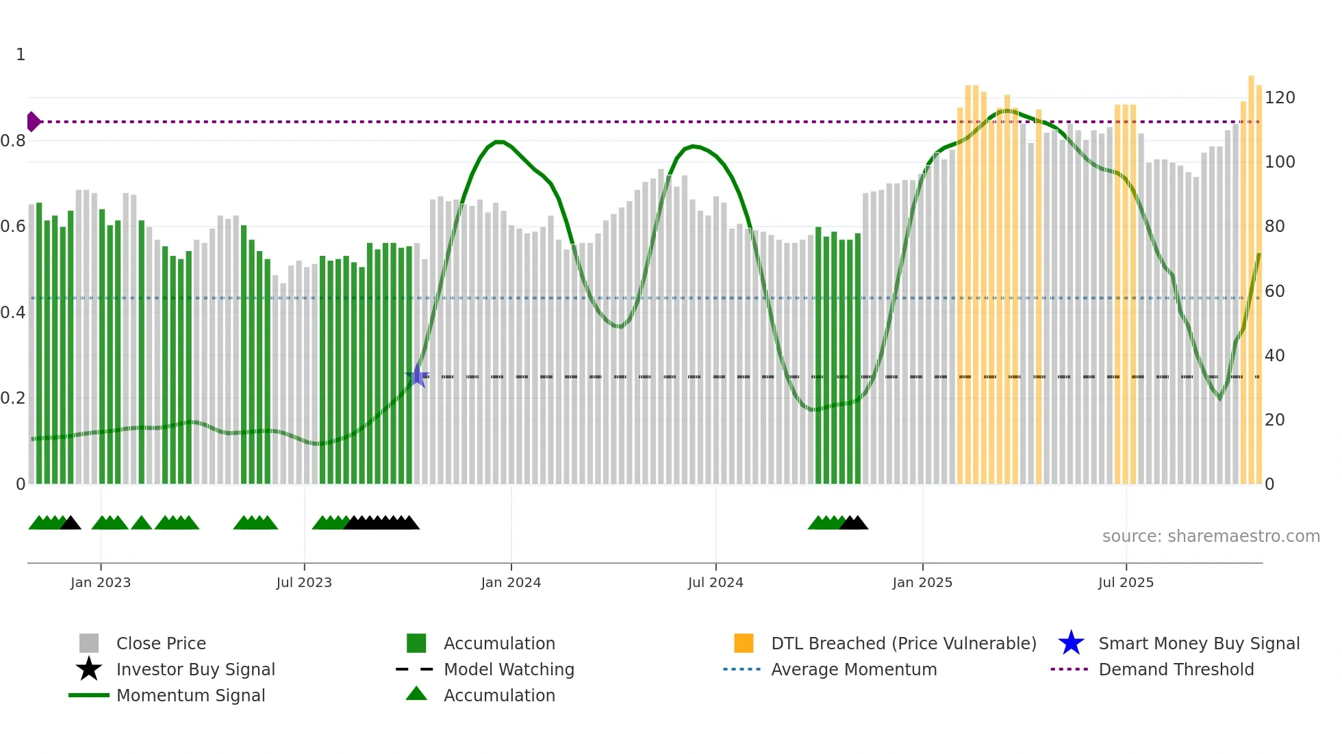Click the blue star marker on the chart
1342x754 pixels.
pos(417,376)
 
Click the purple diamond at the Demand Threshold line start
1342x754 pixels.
pos(33,122)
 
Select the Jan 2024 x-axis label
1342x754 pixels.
pos(511,582)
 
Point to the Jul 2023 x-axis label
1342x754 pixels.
pos(304,582)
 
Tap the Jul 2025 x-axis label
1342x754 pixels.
pos(1126,582)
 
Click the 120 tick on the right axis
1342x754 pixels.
pos(1279,98)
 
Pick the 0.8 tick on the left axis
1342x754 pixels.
pos(14,141)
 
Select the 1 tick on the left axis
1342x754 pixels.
pos(21,55)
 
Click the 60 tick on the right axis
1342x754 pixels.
pos(1274,291)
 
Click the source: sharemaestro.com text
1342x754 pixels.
pos(1211,536)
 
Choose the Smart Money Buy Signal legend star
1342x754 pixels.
pos(1071,643)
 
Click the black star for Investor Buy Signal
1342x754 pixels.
pos(89,669)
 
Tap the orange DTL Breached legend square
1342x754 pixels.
pos(744,643)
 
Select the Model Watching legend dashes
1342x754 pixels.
pos(415,669)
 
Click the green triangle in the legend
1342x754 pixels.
pos(416,694)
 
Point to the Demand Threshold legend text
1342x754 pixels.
pos(1176,669)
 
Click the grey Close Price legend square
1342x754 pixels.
pos(89,643)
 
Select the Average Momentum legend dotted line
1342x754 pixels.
pos(742,669)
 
